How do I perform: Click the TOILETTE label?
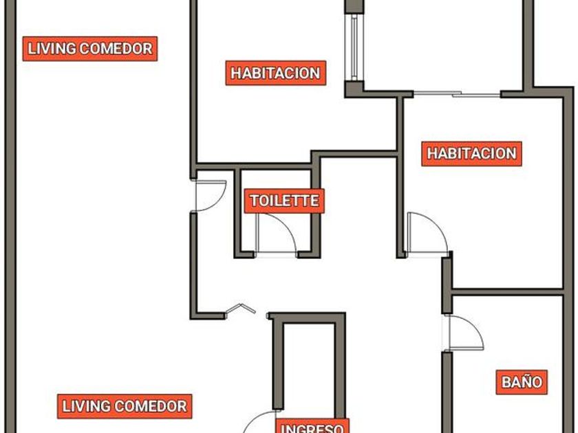click(x=284, y=201)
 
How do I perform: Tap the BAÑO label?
click(x=522, y=382)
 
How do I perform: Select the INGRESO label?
click(x=312, y=426)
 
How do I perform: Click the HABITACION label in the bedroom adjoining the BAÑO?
click(x=471, y=153)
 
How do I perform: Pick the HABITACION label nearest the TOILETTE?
click(x=276, y=73)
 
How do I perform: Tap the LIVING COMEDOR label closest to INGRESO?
click(x=125, y=406)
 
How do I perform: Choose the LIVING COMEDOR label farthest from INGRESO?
click(x=90, y=49)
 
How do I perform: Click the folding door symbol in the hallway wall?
click(x=240, y=309)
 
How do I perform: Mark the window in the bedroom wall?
click(x=354, y=47)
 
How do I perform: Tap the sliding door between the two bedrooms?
click(x=457, y=94)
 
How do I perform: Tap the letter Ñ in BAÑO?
click(x=522, y=381)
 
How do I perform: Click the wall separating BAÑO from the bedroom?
click(x=507, y=292)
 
